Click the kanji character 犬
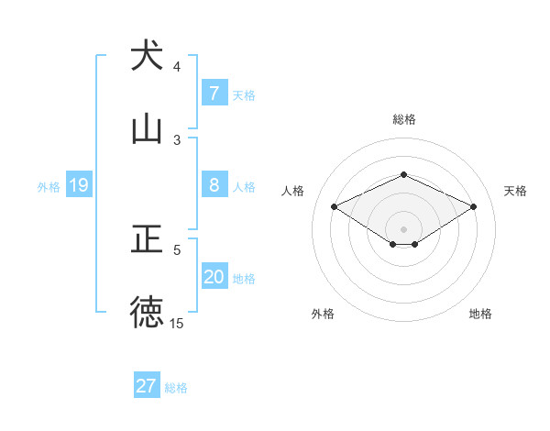coord(147,56)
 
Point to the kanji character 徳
coord(147,312)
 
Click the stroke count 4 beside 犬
coord(177,67)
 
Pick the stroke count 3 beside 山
coord(177,139)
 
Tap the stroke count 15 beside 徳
coord(177,324)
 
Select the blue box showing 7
coord(214,93)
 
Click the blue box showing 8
coord(214,185)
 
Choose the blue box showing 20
coord(214,278)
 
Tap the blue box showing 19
coord(78,185)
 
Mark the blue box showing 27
coord(147,386)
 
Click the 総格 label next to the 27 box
coord(176,388)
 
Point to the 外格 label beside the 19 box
coord(49,187)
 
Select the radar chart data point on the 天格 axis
coord(473,206)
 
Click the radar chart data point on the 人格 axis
coord(334,206)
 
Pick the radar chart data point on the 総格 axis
coord(403,174)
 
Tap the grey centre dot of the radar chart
coord(403,228)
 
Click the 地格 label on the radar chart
coord(480,314)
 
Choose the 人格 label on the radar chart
coord(293,191)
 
